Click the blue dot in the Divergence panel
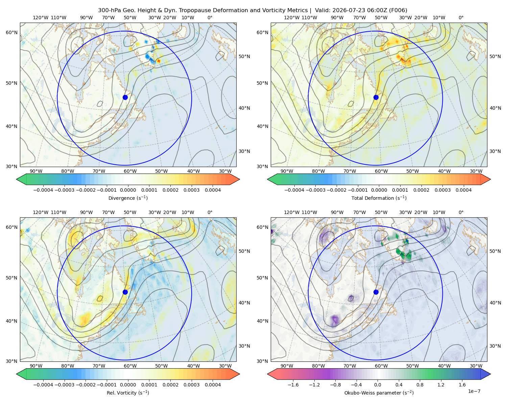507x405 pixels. (x=125, y=98)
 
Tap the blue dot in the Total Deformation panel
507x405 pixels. (x=376, y=98)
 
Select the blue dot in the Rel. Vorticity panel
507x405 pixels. (x=125, y=292)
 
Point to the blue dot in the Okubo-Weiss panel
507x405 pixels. (x=376, y=292)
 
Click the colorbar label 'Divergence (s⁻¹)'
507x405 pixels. (x=128, y=198)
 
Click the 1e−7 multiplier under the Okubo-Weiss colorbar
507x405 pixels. (x=474, y=391)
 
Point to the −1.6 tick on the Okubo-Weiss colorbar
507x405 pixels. (x=293, y=385)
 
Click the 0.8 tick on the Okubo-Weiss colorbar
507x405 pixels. (x=420, y=385)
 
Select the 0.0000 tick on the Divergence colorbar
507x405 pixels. (x=128, y=190)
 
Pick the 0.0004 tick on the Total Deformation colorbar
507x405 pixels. (x=464, y=190)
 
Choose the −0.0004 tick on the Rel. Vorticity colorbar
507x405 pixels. (x=43, y=385)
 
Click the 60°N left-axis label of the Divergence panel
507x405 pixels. (x=11, y=32)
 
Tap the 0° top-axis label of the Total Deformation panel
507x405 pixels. (x=461, y=18)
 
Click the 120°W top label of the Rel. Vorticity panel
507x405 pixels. (x=41, y=212)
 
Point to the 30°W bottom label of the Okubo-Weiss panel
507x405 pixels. (x=476, y=366)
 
